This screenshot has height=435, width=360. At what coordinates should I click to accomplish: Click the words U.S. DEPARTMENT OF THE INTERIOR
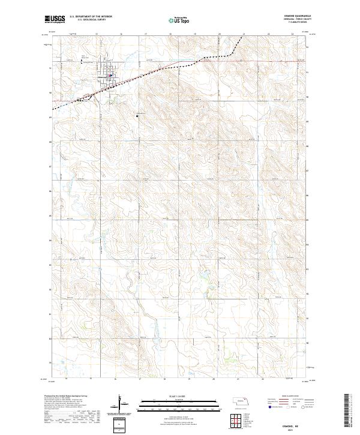91,17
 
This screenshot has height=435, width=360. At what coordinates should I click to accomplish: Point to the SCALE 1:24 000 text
169,397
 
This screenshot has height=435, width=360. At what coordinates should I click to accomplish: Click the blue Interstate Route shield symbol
267,406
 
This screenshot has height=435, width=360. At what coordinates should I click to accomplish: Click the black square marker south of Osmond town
137,115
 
